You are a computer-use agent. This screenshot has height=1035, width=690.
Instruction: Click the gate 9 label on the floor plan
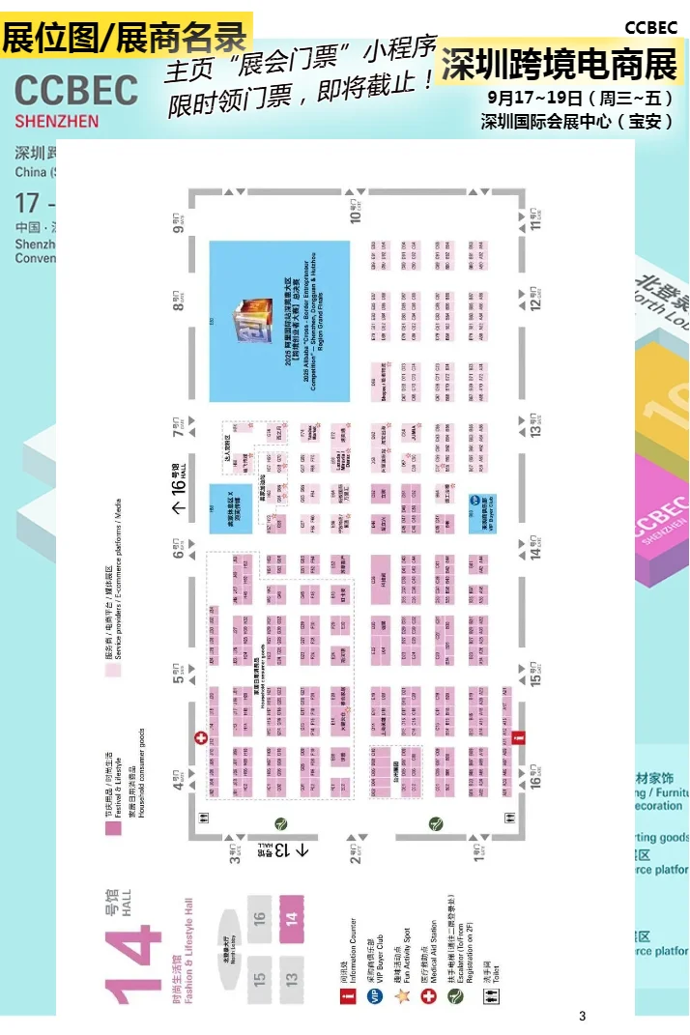click(x=179, y=224)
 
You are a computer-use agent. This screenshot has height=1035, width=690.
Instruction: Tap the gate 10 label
click(x=357, y=210)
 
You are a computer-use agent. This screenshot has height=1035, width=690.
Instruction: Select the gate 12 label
click(x=534, y=298)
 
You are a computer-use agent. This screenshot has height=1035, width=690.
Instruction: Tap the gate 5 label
click(x=179, y=673)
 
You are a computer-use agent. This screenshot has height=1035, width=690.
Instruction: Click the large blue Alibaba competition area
click(x=279, y=321)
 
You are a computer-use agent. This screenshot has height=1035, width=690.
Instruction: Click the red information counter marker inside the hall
click(x=519, y=737)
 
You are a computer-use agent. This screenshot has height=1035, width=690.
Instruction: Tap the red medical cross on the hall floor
click(x=201, y=737)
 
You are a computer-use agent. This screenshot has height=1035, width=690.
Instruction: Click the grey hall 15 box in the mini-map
click(x=259, y=978)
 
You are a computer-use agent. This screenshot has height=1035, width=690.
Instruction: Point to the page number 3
click(x=582, y=1016)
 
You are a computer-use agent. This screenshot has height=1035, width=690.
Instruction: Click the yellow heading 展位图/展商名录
click(x=126, y=38)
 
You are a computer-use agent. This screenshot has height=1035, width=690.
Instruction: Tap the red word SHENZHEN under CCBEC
click(x=56, y=122)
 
